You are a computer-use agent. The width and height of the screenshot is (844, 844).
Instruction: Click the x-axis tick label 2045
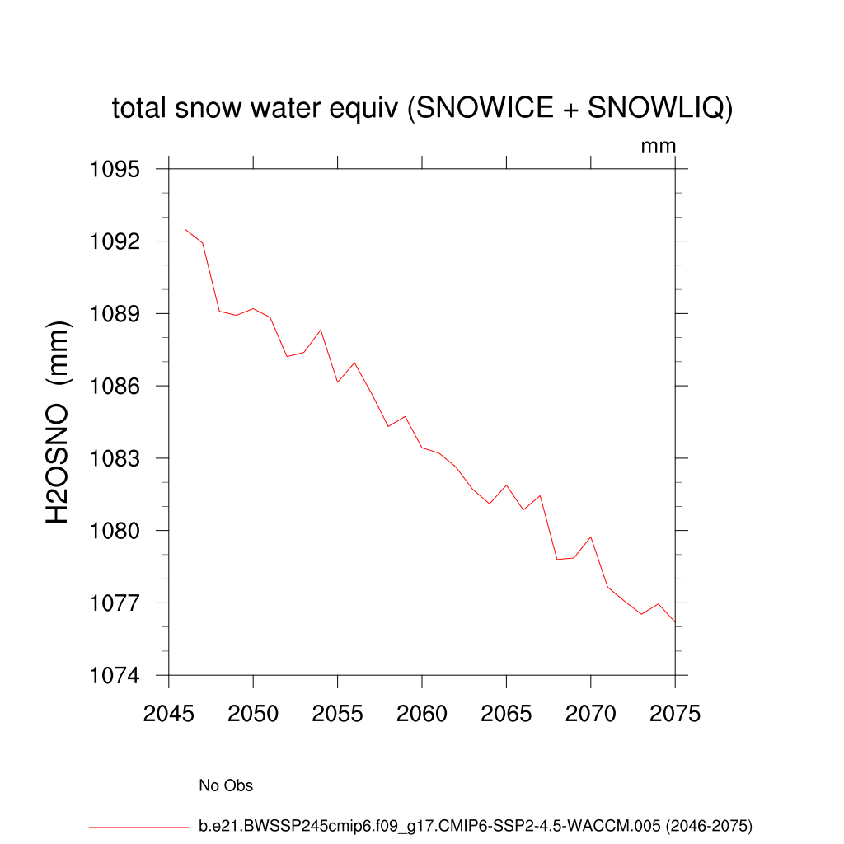pos(168,714)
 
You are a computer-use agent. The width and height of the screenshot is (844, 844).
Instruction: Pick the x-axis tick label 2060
pos(421,714)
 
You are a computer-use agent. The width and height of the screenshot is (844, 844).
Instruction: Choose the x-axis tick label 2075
pos(674,714)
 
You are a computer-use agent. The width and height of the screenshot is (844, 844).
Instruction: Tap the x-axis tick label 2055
pos(337,714)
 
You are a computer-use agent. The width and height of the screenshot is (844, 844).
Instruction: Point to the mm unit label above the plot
pos(659,147)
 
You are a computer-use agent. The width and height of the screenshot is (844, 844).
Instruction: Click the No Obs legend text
pos(226,785)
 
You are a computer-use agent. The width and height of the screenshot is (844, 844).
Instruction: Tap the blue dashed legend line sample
pos(134,785)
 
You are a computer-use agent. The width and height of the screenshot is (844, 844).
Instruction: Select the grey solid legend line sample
pos(138,825)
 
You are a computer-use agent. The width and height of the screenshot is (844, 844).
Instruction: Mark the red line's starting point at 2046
pos(185,230)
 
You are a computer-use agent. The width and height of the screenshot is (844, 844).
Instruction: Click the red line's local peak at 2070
pos(590,537)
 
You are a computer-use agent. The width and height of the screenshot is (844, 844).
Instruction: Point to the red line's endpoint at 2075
pos(674,621)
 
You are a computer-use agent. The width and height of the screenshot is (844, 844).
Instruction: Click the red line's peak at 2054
pos(321,330)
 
